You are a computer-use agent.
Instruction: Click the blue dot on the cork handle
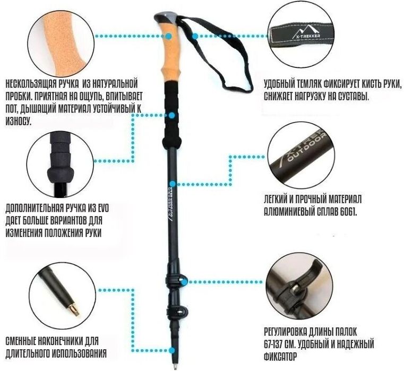(x=169, y=36)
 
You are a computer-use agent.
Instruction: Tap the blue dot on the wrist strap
(x=195, y=36)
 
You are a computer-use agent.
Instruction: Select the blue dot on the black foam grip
(x=172, y=115)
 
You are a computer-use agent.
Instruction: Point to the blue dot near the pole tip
(x=172, y=350)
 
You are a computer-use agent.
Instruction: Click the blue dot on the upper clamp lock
(x=184, y=282)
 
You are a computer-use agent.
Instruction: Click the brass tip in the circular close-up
(x=74, y=309)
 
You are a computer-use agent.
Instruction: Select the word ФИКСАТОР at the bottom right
(x=280, y=357)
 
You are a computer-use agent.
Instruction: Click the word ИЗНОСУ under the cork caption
(x=19, y=120)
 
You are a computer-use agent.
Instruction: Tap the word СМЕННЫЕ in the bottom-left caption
(x=21, y=341)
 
